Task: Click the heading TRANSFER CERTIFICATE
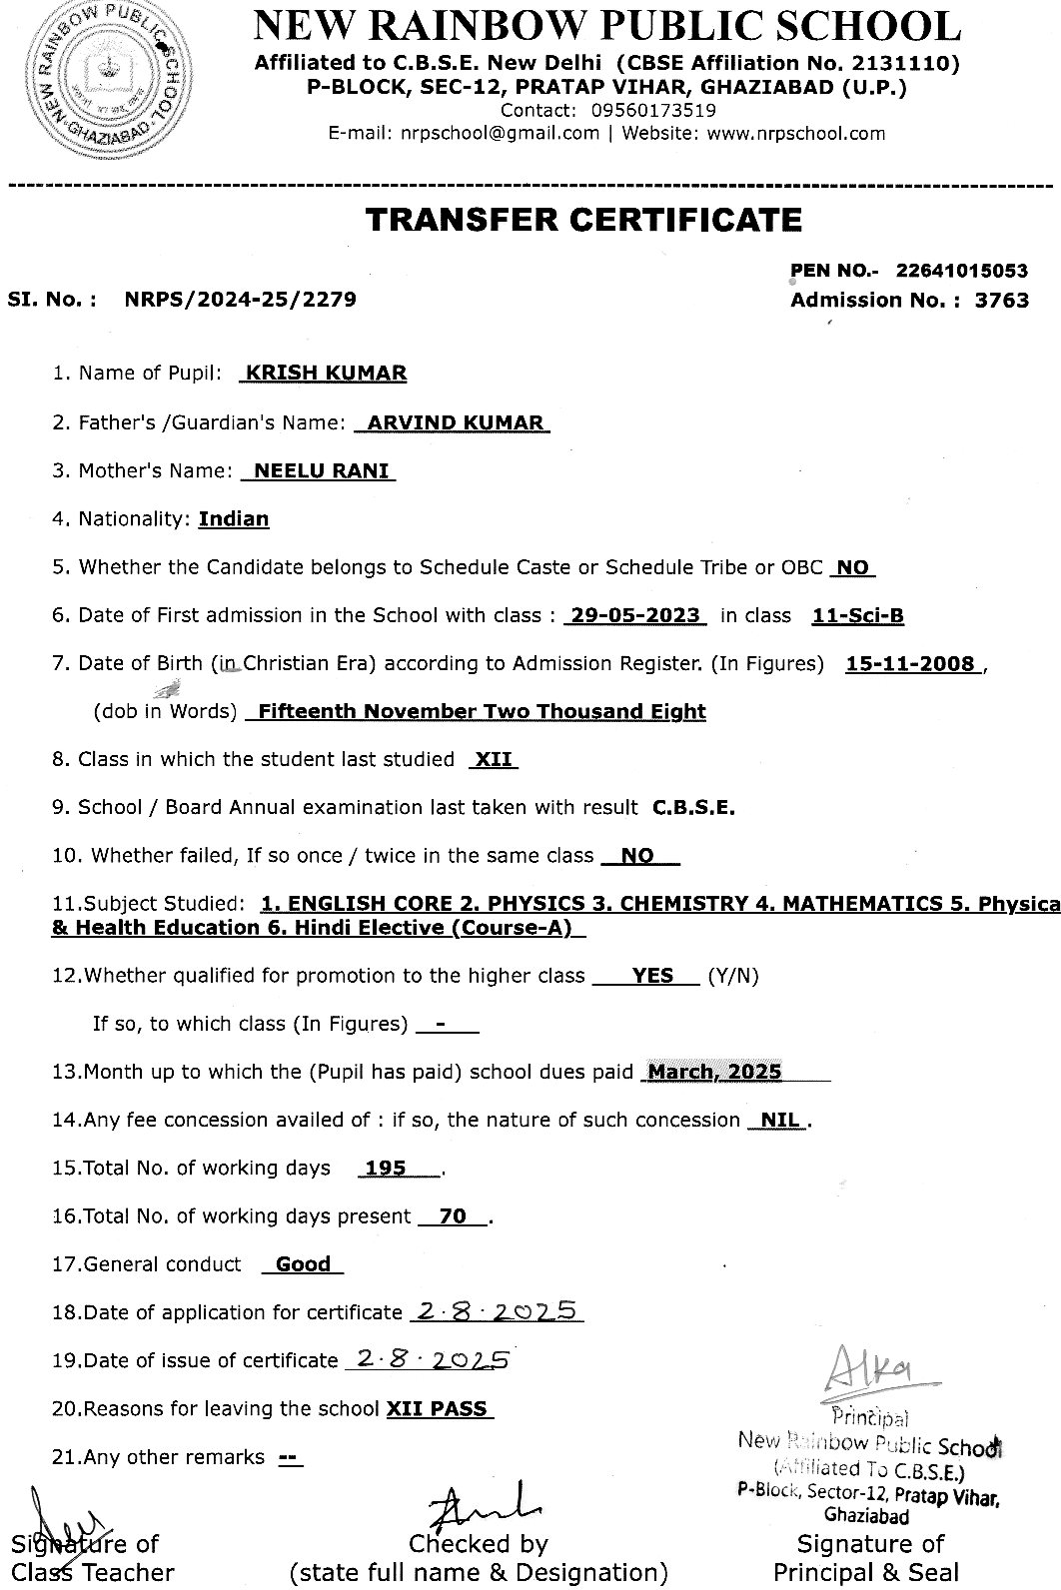pos(583,220)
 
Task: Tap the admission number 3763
pos(1001,300)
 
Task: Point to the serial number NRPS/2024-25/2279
pos(240,299)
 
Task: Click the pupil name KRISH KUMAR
pos(326,374)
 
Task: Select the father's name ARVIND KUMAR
pos(455,422)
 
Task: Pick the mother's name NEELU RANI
pos(322,471)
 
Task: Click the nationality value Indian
pos(234,519)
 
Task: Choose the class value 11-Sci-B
pos(858,616)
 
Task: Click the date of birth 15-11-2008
pos(910,664)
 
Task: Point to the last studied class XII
pos(494,760)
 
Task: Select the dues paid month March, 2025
pos(714,1073)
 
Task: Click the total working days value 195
pos(386,1169)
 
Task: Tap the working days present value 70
pos(453,1216)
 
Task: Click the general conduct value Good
pos(303,1264)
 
